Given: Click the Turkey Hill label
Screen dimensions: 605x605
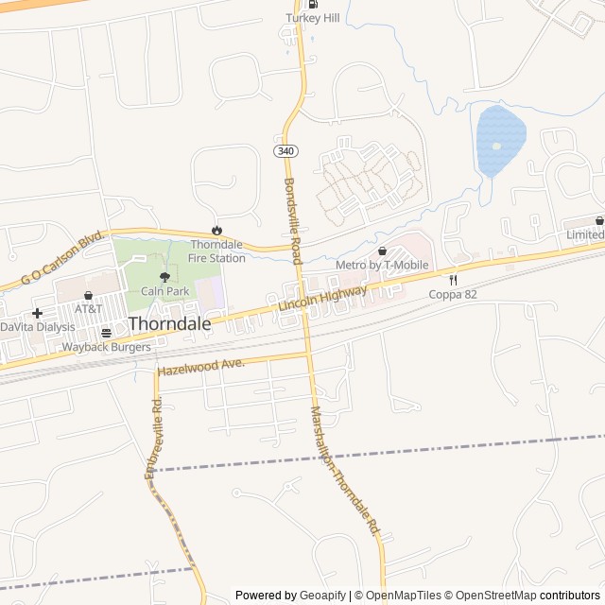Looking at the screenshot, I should point(312,18).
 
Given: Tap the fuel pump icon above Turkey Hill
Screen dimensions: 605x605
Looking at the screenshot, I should point(313,4).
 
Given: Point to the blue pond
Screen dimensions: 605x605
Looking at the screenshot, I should point(499,142).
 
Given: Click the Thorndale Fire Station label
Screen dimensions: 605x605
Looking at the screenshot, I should point(216,251).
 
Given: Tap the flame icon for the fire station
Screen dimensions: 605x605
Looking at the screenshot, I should point(216,230).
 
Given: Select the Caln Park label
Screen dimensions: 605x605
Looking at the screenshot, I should point(165,292).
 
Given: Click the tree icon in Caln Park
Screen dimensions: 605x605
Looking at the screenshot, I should point(165,277).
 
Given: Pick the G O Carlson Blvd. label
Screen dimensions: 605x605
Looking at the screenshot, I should point(61,256).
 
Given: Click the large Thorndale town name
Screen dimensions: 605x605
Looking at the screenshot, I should point(170,323).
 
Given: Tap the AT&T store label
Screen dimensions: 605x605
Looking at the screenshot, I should point(89,309).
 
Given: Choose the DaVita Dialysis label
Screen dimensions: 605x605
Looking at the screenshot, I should point(37,327).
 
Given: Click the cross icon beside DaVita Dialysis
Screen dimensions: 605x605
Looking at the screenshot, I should point(37,312).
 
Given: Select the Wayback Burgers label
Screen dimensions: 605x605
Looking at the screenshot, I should point(106,348).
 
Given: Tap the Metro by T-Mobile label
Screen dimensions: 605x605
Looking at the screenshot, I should point(382,266).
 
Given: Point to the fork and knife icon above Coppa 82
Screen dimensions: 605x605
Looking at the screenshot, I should point(453,280).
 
